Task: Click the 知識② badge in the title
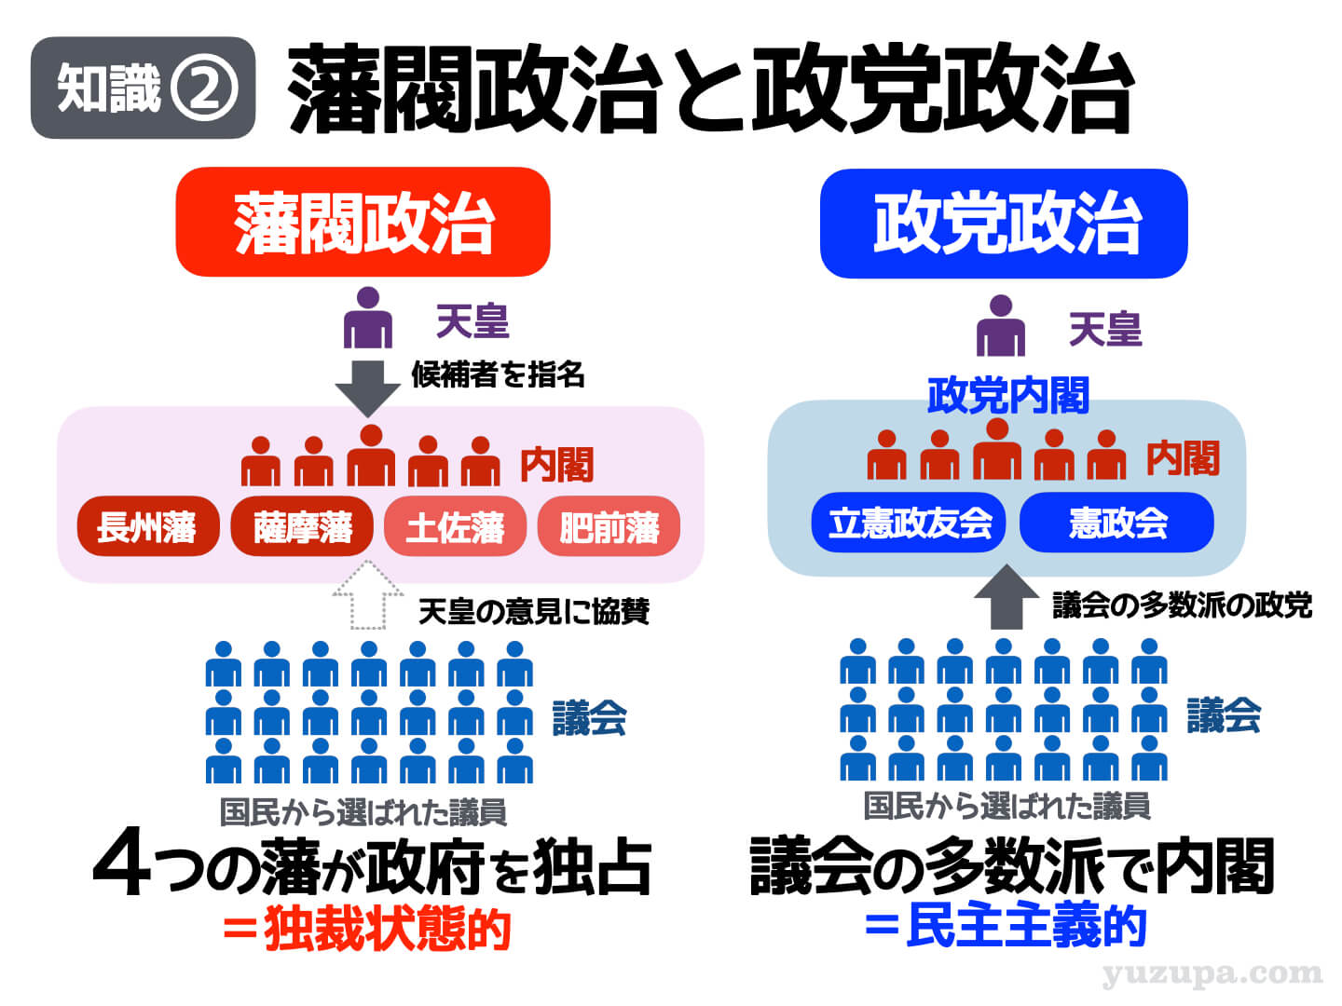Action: (x=143, y=88)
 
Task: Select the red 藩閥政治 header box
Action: (x=363, y=222)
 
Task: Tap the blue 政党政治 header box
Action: (x=1004, y=224)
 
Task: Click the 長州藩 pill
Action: (x=147, y=527)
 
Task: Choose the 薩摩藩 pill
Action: (x=302, y=527)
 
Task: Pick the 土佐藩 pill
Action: (x=455, y=527)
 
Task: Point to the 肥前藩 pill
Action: (x=609, y=527)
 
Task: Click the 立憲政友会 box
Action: (x=910, y=523)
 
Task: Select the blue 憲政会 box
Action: (x=1116, y=523)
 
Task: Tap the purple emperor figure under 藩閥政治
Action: (x=368, y=319)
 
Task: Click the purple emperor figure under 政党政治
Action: (x=1000, y=327)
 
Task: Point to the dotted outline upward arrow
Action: (x=368, y=596)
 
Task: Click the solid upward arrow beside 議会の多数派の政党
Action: (x=1006, y=597)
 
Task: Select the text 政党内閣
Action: (x=1007, y=395)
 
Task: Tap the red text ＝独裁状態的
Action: (x=367, y=929)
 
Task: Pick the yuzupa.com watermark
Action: (x=1212, y=974)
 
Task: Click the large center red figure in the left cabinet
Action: (x=371, y=456)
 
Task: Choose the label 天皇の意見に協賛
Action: (x=534, y=612)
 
